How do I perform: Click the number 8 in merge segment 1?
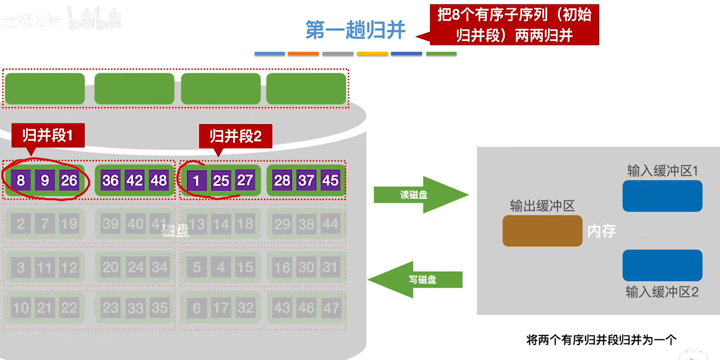tap(20, 180)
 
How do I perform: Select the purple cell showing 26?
tap(69, 180)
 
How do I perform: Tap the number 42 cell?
tap(135, 180)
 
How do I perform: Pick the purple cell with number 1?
tap(196, 181)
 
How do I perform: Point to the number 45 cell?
tap(330, 180)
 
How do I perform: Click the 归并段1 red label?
tap(48, 135)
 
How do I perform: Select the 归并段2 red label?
tap(235, 136)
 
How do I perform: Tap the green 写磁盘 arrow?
tap(417, 280)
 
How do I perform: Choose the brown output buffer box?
tap(542, 231)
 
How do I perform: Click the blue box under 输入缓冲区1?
tap(662, 196)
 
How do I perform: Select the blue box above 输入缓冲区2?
tap(662, 265)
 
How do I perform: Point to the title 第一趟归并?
tap(355, 30)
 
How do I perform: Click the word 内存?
tap(601, 231)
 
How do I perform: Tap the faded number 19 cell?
tap(69, 224)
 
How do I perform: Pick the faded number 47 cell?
tap(331, 308)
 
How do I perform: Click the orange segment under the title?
tap(303, 54)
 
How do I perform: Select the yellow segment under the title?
tap(372, 54)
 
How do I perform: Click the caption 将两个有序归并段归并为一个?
tap(601, 340)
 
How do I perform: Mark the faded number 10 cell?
tap(20, 308)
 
